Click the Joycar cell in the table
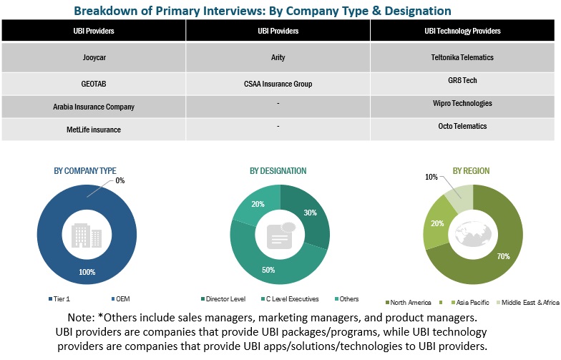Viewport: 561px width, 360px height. pos(94,57)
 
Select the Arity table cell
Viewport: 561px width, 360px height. pos(278,57)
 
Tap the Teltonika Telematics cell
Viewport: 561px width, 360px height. pos(465,57)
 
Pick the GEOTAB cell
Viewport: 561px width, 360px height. pos(94,83)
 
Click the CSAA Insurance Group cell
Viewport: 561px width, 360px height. pos(278,84)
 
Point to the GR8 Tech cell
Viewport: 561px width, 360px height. pos(465,81)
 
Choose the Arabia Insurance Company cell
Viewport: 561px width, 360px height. pos(94,107)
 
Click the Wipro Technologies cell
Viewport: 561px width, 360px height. pos(465,103)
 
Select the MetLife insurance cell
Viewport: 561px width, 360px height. pos(94,130)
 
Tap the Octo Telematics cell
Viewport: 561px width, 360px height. pos(465,126)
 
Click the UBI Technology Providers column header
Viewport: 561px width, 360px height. pos(465,31)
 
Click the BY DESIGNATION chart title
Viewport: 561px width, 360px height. pos(278,171)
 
